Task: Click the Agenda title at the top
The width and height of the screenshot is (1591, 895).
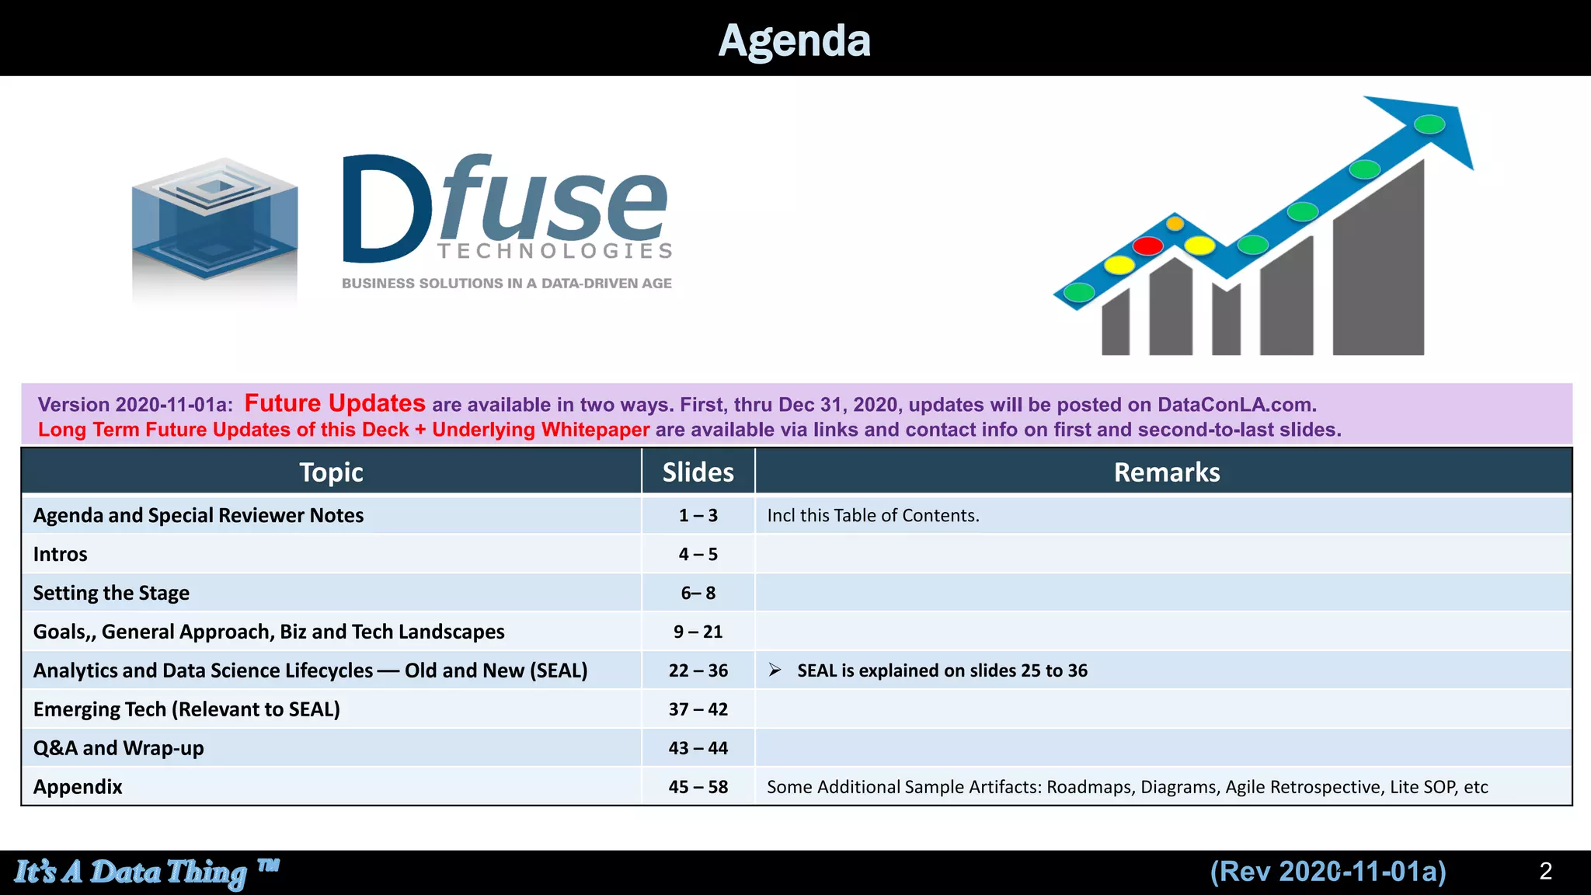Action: (x=794, y=40)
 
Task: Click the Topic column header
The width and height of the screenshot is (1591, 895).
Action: (x=331, y=472)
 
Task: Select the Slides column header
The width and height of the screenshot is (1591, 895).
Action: (x=698, y=472)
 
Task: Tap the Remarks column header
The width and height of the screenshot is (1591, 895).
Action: (x=1166, y=472)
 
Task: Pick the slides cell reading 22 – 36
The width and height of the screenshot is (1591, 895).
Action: (x=698, y=670)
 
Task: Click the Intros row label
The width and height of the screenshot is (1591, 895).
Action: (x=61, y=554)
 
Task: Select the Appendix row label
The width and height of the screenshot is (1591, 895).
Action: (x=78, y=787)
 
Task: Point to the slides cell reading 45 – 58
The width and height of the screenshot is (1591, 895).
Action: (x=698, y=787)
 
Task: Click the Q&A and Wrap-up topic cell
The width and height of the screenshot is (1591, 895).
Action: (x=119, y=748)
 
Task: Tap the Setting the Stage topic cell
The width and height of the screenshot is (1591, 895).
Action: (x=111, y=593)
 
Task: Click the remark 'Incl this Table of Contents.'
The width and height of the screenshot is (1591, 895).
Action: (x=872, y=515)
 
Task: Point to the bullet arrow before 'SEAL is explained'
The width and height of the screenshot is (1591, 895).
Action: (x=775, y=670)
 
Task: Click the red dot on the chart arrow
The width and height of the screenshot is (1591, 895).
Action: (x=1147, y=246)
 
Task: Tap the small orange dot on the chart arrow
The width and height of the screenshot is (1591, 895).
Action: (x=1175, y=224)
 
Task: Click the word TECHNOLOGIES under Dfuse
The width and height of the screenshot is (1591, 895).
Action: (x=555, y=251)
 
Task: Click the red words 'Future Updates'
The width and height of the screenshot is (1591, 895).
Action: (x=335, y=403)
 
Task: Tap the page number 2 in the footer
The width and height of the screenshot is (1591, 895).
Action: (x=1545, y=871)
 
